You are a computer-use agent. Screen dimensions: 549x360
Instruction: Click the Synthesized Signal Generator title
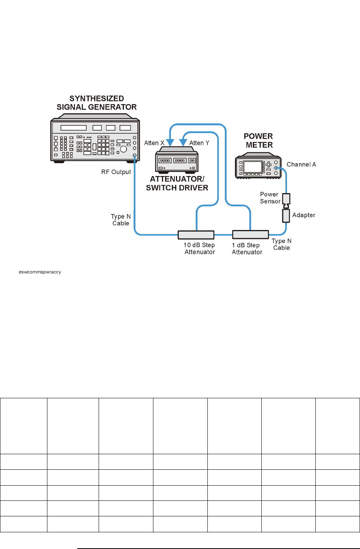[97, 103]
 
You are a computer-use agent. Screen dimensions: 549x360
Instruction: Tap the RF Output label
[116, 172]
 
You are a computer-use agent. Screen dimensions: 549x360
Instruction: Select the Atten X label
[154, 143]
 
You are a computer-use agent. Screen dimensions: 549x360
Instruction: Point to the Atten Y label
[199, 143]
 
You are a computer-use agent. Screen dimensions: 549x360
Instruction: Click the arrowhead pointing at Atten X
[170, 142]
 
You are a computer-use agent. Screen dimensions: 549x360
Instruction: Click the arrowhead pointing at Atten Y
[183, 142]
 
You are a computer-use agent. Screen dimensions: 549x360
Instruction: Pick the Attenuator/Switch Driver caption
[177, 183]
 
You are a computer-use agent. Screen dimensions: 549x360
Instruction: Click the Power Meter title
[259, 141]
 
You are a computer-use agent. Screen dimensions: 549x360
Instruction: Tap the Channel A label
[301, 164]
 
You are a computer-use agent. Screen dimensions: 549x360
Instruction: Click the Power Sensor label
[270, 198]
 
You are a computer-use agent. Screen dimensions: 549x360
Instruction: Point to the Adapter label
[304, 215]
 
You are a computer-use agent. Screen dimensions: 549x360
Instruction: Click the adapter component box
[286, 216]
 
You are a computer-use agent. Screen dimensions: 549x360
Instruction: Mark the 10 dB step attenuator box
[196, 235]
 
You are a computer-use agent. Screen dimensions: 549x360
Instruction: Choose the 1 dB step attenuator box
[250, 234]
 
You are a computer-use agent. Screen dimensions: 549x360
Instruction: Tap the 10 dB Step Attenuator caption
[200, 249]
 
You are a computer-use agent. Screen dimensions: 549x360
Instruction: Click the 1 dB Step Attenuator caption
[247, 249]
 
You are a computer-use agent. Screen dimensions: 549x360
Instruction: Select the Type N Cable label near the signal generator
[121, 220]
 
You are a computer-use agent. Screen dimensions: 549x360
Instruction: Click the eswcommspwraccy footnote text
[40, 272]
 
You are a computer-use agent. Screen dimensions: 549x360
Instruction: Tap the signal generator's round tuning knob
[123, 149]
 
